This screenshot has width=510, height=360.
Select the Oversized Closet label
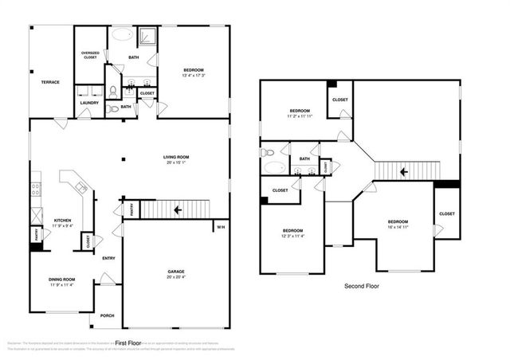click(x=90, y=56)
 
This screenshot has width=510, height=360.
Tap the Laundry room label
click(x=89, y=102)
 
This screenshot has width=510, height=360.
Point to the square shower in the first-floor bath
click(x=147, y=36)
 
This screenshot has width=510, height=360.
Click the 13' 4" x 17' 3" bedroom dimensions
click(x=194, y=76)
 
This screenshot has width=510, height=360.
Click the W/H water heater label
click(x=220, y=227)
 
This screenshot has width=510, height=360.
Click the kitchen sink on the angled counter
click(x=80, y=188)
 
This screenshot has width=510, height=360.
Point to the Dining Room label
click(x=61, y=279)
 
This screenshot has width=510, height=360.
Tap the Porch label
click(x=107, y=315)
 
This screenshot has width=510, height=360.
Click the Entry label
click(x=108, y=257)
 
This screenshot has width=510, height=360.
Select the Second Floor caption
click(x=363, y=286)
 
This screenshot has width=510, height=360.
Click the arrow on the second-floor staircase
click(x=404, y=170)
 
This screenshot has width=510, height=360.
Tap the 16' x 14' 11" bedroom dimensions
click(x=398, y=226)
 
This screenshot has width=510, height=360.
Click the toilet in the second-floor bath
click(x=269, y=152)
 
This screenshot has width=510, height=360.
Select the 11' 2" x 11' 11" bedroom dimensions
click(x=300, y=115)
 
